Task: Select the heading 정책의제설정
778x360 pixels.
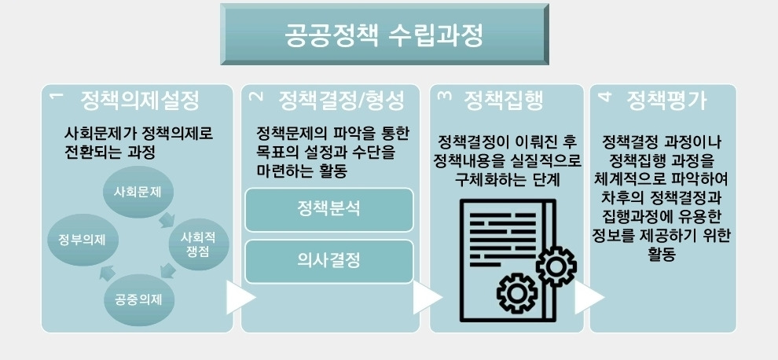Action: (x=139, y=101)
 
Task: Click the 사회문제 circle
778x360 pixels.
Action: (x=138, y=191)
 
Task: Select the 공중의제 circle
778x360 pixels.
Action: (x=139, y=298)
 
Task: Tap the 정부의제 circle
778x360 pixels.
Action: (x=76, y=239)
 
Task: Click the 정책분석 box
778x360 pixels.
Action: (x=329, y=210)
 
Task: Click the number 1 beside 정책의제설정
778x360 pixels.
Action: (x=55, y=97)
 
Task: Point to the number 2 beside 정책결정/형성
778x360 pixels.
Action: (x=254, y=97)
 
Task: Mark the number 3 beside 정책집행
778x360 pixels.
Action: (x=444, y=97)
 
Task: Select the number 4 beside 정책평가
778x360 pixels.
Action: (x=604, y=97)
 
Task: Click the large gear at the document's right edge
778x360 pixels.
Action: (x=555, y=266)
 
